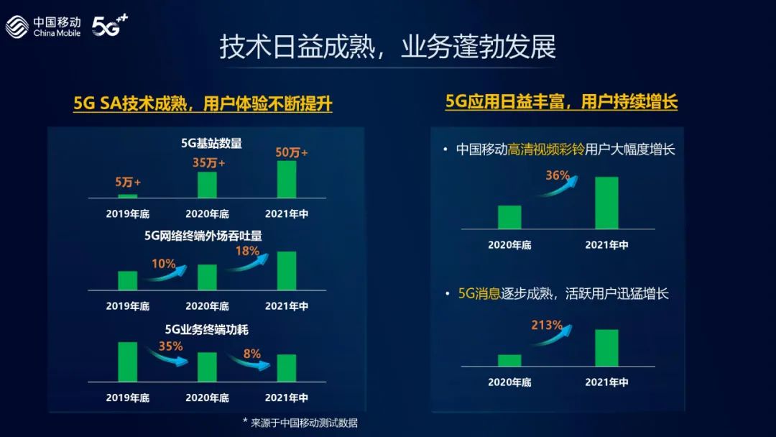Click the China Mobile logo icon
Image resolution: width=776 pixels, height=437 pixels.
(17, 26)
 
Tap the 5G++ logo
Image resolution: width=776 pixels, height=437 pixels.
(110, 25)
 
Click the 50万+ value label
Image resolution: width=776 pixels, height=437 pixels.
(292, 152)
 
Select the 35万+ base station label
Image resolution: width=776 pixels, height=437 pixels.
(208, 163)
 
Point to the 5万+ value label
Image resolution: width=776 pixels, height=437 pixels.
(128, 182)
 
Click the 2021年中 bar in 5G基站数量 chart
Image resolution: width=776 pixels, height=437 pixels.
(287, 179)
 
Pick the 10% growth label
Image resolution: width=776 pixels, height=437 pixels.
(163, 264)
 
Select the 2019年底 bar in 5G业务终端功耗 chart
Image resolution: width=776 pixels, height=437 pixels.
(128, 362)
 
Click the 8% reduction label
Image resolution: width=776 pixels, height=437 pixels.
(252, 354)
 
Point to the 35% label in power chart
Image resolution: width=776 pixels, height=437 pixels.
(171, 346)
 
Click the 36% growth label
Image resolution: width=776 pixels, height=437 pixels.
(558, 175)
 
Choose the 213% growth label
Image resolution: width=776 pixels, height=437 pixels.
(547, 325)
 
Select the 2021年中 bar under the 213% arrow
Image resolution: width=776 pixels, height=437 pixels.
(606, 348)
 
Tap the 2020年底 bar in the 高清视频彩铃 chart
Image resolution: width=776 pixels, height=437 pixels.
(509, 217)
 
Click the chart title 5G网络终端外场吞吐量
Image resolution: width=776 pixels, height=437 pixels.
(203, 236)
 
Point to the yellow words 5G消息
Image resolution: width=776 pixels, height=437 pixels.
(479, 293)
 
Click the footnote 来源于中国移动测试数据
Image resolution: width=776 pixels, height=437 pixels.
(304, 423)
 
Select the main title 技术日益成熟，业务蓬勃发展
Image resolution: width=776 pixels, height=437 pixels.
(387, 47)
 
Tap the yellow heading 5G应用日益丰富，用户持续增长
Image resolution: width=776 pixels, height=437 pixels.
(561, 102)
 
